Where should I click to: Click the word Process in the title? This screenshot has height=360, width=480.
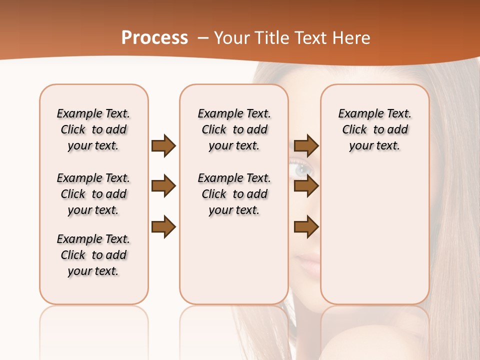coord(154,38)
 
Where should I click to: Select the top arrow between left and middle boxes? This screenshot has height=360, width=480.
coord(163,146)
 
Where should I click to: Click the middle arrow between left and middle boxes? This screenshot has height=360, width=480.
coord(163,186)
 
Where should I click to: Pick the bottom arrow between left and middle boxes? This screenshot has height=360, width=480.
coord(163,226)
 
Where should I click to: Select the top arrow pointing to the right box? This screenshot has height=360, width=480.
coord(306,146)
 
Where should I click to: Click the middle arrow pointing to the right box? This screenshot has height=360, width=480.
coord(306,186)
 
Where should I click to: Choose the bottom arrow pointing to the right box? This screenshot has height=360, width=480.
coord(306,226)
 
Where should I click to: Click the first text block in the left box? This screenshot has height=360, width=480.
coord(93,129)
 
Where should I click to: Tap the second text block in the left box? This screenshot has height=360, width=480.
coord(93,194)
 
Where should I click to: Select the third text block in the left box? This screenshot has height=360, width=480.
coord(93,255)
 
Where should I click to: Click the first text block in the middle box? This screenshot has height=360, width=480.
coord(234,129)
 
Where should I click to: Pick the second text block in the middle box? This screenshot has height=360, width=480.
coord(234,194)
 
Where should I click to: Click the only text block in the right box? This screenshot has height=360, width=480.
coord(375,129)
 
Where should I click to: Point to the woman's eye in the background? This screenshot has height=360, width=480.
coord(301,170)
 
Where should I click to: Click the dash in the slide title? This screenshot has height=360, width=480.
coord(202,38)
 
